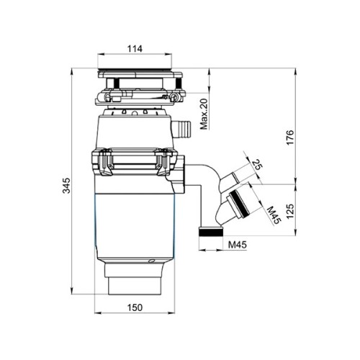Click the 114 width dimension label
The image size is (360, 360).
pyautogui.click(x=135, y=49)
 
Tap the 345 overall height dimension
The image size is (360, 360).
pyautogui.click(x=66, y=185)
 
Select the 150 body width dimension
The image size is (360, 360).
pyautogui.click(x=135, y=307)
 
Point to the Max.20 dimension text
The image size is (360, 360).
pyautogui.click(x=204, y=114)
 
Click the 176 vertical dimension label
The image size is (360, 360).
pyautogui.click(x=290, y=138)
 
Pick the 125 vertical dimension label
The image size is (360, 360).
pyautogui.click(x=290, y=211)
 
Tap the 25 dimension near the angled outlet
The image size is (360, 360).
pyautogui.click(x=257, y=165)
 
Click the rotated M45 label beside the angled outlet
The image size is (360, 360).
pyautogui.click(x=274, y=215)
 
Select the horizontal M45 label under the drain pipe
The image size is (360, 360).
pyautogui.click(x=237, y=245)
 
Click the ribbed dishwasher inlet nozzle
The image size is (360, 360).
pyautogui.click(x=181, y=129)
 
